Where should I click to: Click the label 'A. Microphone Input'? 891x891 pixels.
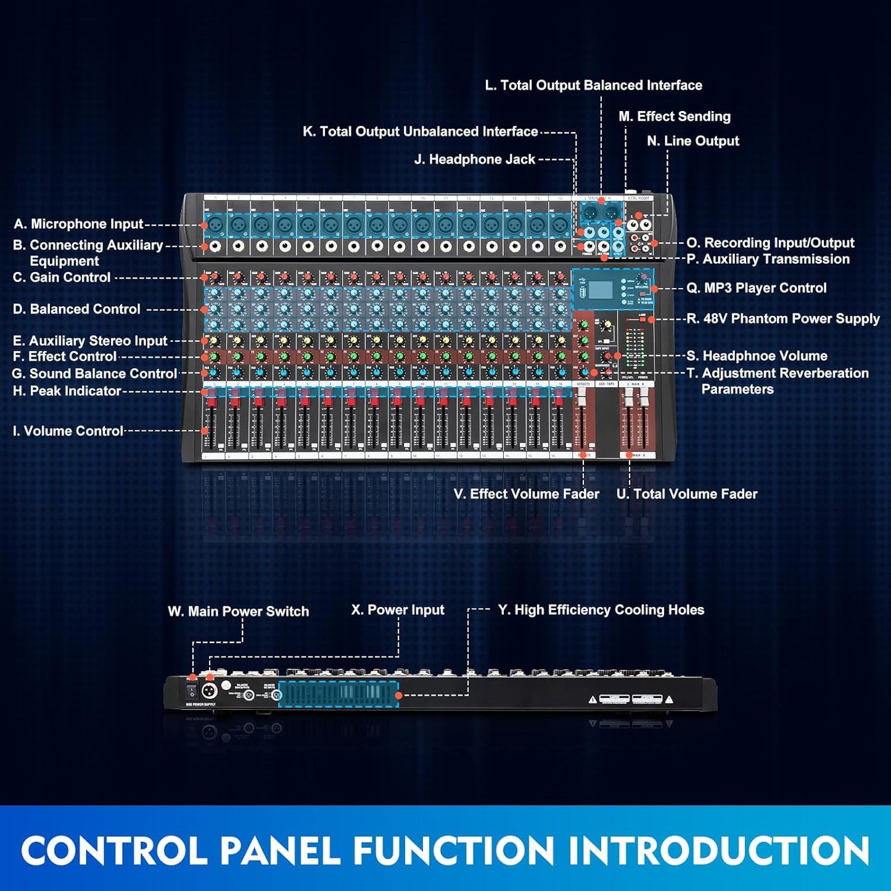[x=78, y=224]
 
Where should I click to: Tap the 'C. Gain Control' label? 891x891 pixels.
[x=62, y=277]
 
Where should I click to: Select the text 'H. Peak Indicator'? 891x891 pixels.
[x=67, y=391]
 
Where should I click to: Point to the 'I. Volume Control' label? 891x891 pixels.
[x=68, y=431]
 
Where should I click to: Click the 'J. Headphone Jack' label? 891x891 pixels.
[x=475, y=159]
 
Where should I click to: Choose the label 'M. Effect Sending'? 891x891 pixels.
[x=675, y=117]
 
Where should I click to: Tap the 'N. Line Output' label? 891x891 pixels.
[x=693, y=141]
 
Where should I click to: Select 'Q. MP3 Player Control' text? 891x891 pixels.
[x=757, y=288]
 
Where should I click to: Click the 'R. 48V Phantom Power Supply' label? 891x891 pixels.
[x=783, y=319]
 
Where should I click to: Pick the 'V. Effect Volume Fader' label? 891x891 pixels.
[x=527, y=494]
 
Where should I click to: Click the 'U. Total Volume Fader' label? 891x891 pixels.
[x=687, y=494]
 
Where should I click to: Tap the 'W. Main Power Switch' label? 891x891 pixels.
[x=239, y=612]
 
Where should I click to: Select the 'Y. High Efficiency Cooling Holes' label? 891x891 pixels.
[x=601, y=610]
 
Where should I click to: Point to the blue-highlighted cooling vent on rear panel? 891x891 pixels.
[x=338, y=694]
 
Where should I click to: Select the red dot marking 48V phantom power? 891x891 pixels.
[x=651, y=319]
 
